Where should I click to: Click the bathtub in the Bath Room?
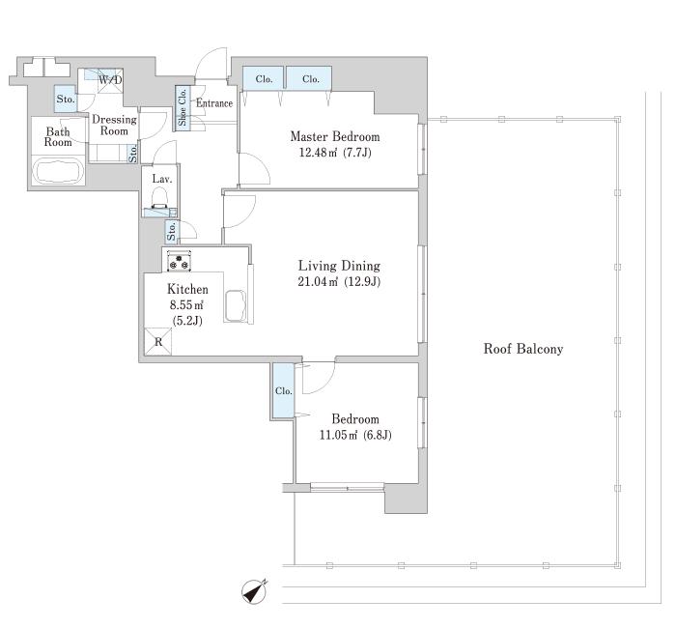(59, 170)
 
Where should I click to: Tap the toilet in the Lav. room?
(160, 200)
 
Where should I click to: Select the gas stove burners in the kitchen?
(179, 261)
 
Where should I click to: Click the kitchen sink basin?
(235, 306)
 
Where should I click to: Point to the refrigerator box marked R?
(157, 342)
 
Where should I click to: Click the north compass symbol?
(254, 591)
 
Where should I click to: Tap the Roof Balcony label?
(523, 349)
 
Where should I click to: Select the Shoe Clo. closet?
(182, 107)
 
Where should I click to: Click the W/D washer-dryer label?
(110, 80)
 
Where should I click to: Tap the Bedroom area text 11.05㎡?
(339, 435)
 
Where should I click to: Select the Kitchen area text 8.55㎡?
(186, 305)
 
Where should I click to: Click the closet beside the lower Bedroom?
(284, 390)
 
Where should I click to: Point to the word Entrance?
(214, 103)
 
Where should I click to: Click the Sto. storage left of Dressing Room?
(66, 100)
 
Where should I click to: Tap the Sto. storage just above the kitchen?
(172, 231)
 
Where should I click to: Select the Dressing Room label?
(114, 125)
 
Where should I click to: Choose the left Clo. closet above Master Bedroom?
(264, 78)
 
